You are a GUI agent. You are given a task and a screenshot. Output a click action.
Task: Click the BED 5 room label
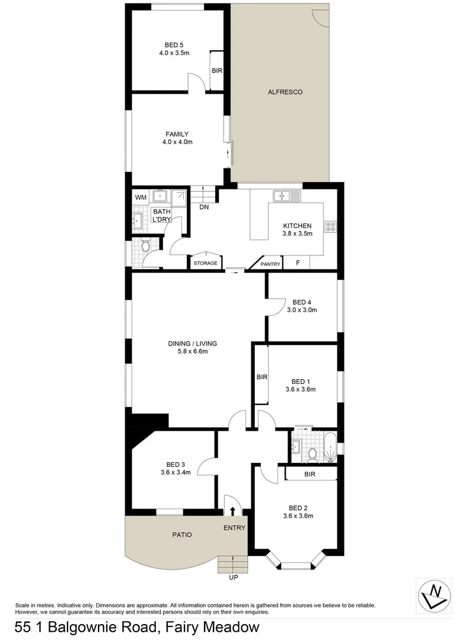pyautogui.click(x=174, y=44)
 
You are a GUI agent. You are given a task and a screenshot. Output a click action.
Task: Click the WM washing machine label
pyautogui.click(x=141, y=197)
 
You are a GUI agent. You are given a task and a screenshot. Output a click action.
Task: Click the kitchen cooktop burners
pyautogui.click(x=331, y=226)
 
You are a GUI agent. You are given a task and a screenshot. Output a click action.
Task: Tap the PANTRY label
pyautogui.click(x=270, y=264)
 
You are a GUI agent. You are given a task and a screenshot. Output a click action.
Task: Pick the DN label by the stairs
pyautogui.click(x=204, y=207)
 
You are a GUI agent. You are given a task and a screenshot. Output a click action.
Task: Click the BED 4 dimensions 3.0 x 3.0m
pyautogui.click(x=302, y=310)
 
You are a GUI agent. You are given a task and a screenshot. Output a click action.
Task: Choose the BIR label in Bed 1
pyautogui.click(x=261, y=377)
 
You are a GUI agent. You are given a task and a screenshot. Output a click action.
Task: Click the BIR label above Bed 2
pyautogui.click(x=310, y=474)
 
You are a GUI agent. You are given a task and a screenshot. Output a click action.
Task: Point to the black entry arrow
pyautogui.click(x=232, y=511)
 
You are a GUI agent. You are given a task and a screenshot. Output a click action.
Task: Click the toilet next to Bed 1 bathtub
pyautogui.click(x=312, y=455)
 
